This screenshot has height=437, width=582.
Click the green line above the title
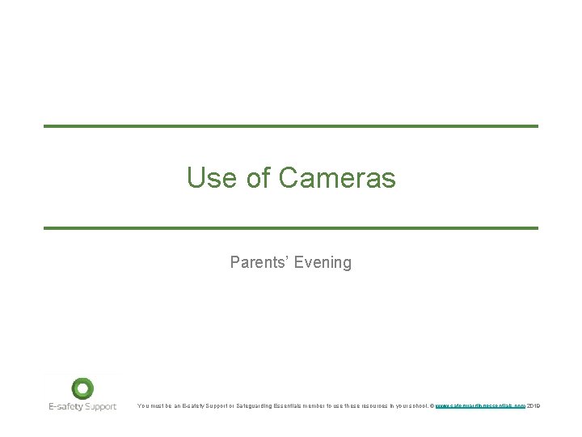coord(291,126)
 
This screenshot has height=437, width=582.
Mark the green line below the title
coord(291,228)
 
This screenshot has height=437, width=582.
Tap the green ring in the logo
coord(82,388)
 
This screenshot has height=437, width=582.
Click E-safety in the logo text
coord(65,406)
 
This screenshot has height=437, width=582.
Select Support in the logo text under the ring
coord(101,406)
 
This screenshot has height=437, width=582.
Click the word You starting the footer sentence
coord(143,405)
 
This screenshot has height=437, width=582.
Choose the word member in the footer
coord(332,405)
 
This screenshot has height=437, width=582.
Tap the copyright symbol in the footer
coord(432,405)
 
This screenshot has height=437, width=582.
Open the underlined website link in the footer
coord(480,405)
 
